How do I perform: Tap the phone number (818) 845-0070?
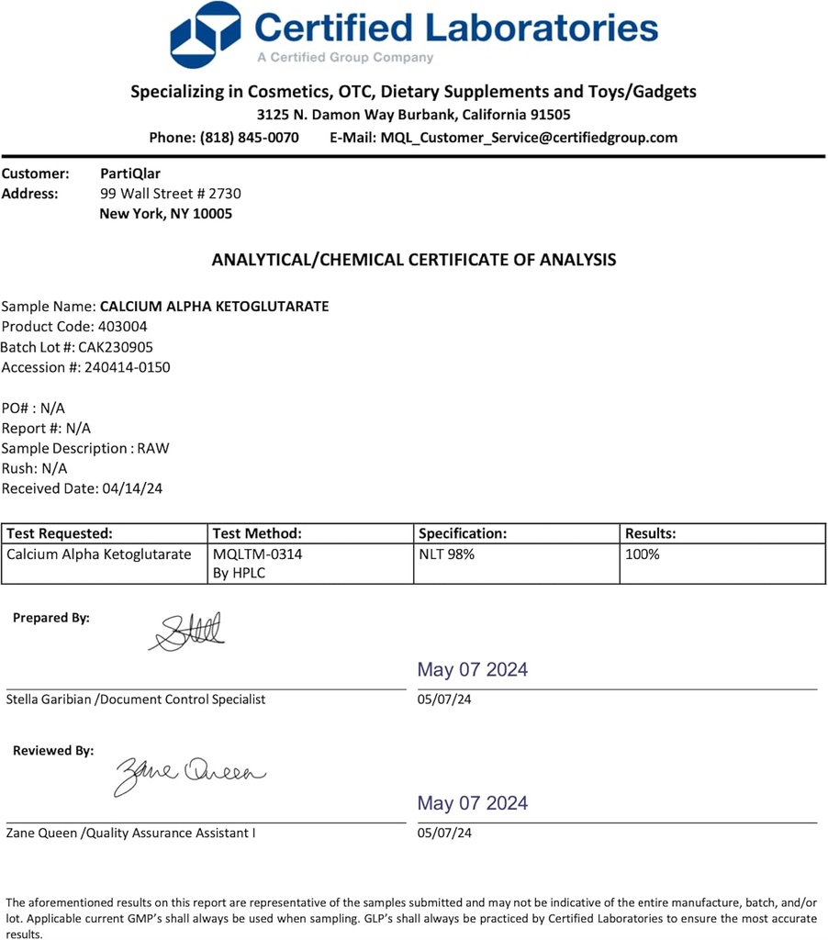click(249, 138)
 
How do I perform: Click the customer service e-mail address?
click(529, 138)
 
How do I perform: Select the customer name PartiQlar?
click(129, 173)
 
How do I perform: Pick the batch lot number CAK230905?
click(116, 347)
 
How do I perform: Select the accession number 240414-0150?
click(127, 367)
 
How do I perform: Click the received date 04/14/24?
click(130, 488)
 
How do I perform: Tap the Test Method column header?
click(257, 533)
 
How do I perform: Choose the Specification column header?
click(463, 533)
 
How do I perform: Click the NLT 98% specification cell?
click(446, 554)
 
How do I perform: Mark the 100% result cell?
click(643, 554)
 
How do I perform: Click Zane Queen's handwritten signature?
click(189, 774)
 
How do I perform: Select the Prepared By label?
click(51, 618)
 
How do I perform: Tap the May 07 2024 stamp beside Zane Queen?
click(473, 803)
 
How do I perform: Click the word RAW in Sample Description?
click(153, 448)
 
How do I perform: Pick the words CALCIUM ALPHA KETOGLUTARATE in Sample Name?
click(214, 306)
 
